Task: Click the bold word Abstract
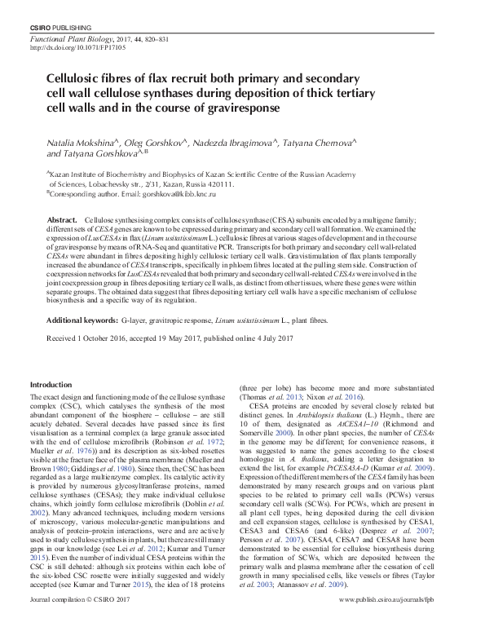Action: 63,221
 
